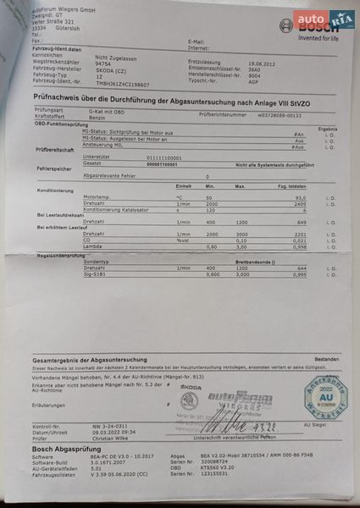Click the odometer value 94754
(103, 63)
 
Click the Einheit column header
(184, 185)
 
